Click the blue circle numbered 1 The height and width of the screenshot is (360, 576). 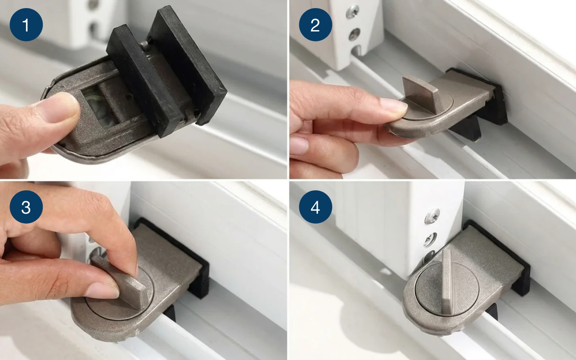tap(26, 25)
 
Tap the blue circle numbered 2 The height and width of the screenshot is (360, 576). tap(315, 25)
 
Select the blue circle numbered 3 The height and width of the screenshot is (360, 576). tap(26, 207)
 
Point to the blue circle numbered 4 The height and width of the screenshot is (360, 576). tap(315, 207)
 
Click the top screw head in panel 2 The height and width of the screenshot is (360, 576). tap(352, 12)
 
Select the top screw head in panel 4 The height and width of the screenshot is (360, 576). tap(432, 216)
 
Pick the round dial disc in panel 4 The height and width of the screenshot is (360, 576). tap(447, 288)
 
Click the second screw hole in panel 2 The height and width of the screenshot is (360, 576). tap(354, 35)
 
